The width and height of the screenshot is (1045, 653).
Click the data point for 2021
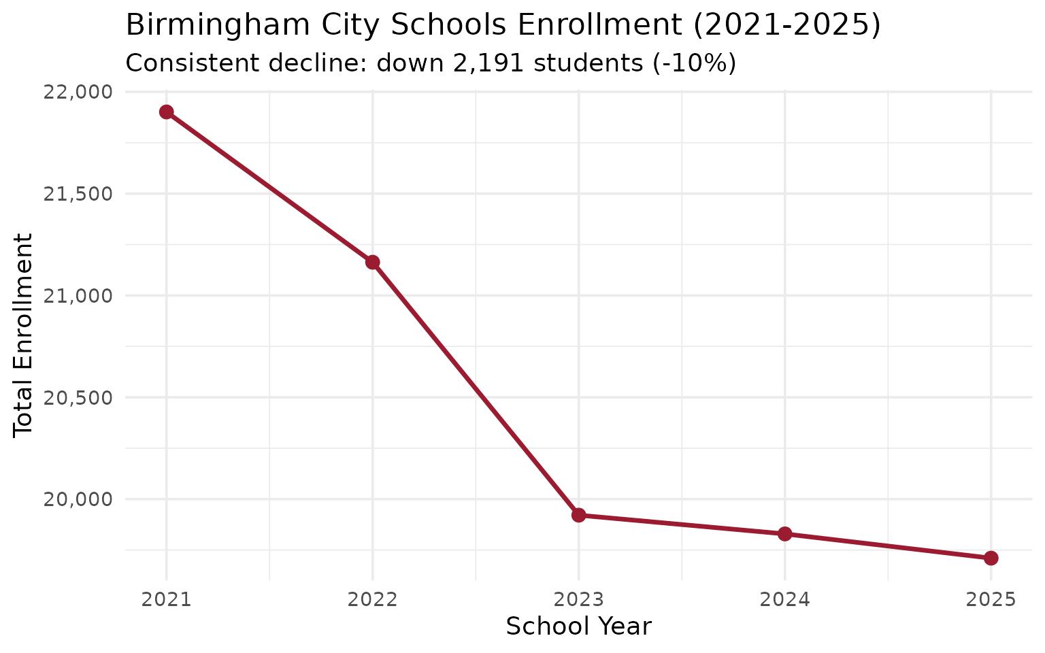coord(166,112)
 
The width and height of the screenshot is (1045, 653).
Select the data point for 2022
coord(372,263)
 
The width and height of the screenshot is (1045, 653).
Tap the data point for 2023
coord(579,515)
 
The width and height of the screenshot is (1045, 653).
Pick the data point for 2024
coord(785,534)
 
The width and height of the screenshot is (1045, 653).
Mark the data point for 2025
coord(991,558)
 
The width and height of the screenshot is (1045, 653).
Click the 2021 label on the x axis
coord(166,600)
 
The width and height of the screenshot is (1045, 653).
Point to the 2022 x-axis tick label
coord(372,600)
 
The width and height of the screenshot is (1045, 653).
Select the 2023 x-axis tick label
coord(579,600)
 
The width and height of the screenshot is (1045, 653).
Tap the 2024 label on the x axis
coord(785,600)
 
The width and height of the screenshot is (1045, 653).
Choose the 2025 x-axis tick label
coord(991,600)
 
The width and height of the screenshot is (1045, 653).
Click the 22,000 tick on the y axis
coord(77,93)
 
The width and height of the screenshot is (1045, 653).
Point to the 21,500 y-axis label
coord(77,195)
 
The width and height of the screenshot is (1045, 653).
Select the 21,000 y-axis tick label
coord(77,296)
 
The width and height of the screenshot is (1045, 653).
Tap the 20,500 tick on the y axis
coord(77,398)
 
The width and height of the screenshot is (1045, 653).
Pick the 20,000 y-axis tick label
coord(77,499)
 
